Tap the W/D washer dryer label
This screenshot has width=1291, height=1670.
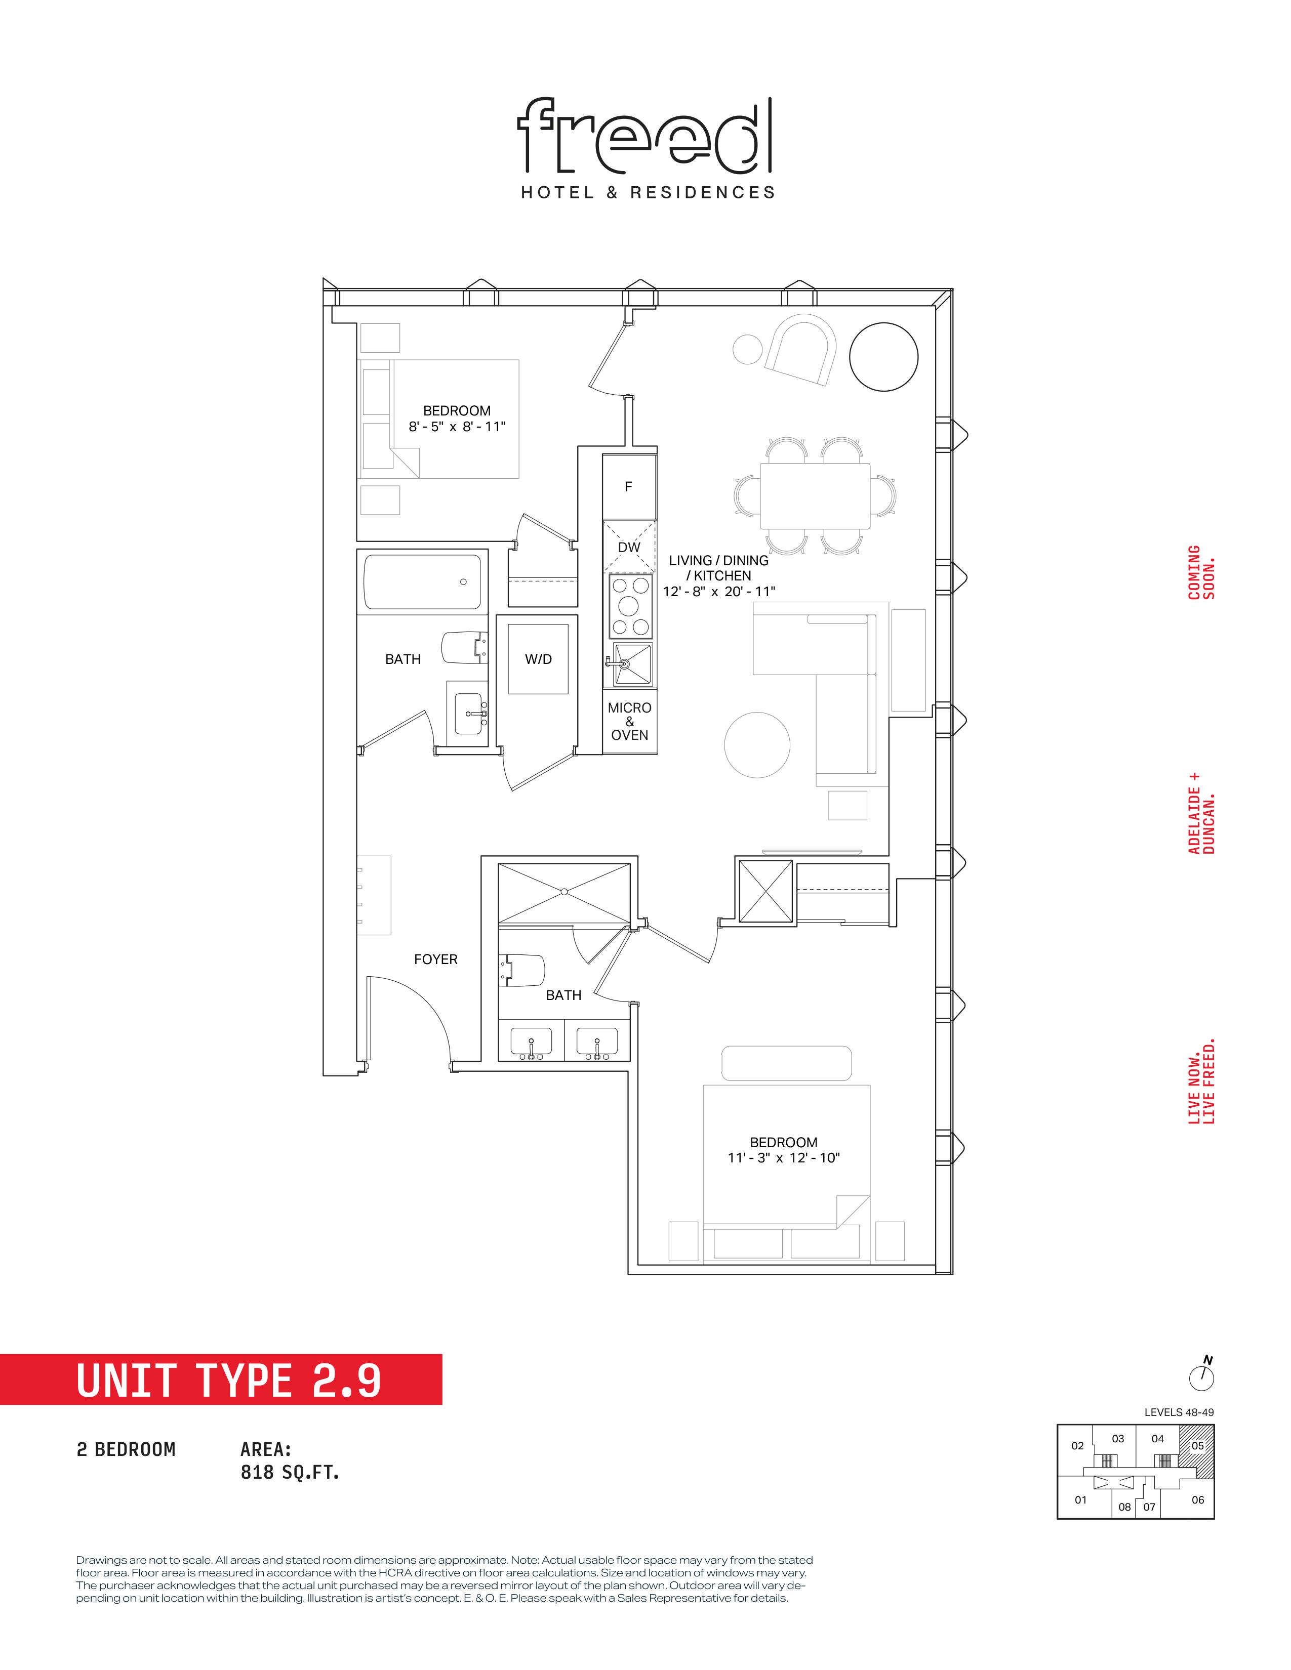point(539,659)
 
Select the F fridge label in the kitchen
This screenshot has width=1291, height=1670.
point(629,486)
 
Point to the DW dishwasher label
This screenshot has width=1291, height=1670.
point(629,548)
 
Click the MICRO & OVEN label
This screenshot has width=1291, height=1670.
point(629,721)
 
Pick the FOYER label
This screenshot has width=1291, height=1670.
point(436,959)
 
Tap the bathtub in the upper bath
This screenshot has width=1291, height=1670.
point(423,582)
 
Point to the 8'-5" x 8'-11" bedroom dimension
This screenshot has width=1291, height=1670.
point(457,427)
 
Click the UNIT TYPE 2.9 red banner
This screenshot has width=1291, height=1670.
point(221,1380)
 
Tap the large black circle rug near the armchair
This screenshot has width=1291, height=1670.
point(883,358)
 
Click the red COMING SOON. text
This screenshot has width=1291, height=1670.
point(1201,572)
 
